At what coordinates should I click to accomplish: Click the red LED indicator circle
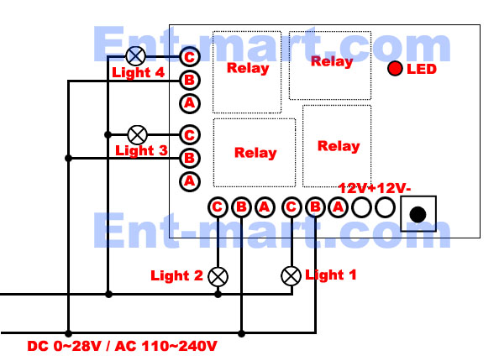coord(395,68)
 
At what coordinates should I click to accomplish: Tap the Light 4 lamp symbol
coord(136,56)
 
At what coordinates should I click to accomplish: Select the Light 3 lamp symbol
coord(137,135)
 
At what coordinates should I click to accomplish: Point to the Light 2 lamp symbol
coord(218,276)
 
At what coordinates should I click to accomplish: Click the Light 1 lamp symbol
coord(292,275)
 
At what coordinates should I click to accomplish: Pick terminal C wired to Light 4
coord(190,57)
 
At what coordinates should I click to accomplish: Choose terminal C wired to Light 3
coord(190,135)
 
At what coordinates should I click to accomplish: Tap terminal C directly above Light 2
coord(218,207)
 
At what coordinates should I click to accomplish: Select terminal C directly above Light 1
coord(292,207)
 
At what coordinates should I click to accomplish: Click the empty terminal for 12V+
coord(361,207)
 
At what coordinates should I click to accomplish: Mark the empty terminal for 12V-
coord(385,207)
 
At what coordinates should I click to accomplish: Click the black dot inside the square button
coord(418,214)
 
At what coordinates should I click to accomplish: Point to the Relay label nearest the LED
coord(332,61)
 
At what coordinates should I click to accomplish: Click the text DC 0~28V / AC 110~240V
coord(122,346)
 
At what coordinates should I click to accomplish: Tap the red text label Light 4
coord(138,72)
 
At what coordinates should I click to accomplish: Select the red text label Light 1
coord(331,275)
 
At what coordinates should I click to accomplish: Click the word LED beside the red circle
coord(422,69)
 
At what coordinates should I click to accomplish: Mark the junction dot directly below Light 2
coord(218,294)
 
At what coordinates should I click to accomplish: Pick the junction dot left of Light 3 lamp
coord(108,135)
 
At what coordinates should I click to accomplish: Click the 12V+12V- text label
coord(375,188)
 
